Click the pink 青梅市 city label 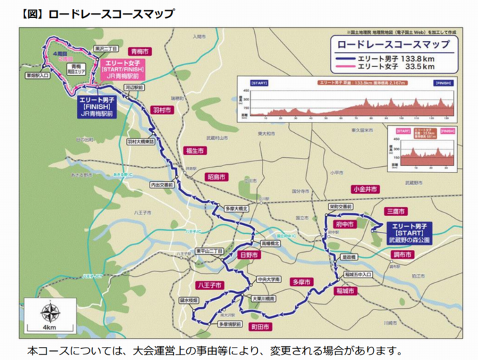tap(140, 51)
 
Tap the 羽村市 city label tap(161, 110)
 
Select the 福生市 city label tap(193, 150)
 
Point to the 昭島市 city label tap(217, 177)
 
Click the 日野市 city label tap(247, 255)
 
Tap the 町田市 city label tap(262, 325)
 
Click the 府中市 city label tap(344, 225)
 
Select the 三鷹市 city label tap(398, 210)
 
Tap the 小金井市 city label tap(364, 189)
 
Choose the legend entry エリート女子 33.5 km tap(390, 67)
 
